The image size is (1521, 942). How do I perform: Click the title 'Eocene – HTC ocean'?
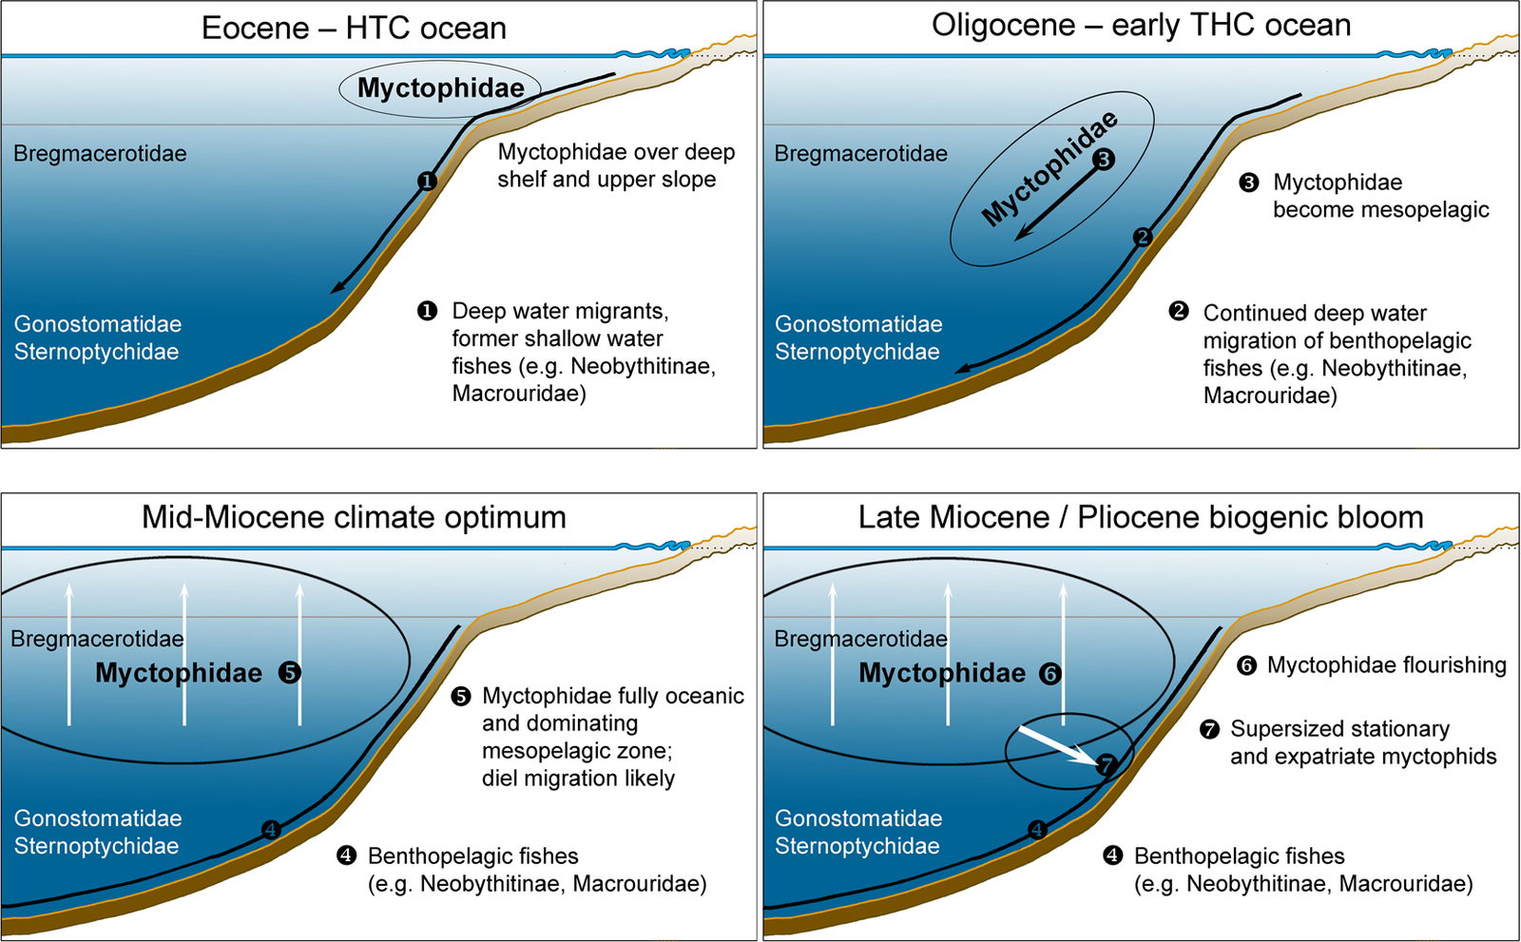tap(354, 28)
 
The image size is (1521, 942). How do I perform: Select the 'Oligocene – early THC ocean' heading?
tap(1141, 26)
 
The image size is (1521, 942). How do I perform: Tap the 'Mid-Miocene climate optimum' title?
tap(354, 517)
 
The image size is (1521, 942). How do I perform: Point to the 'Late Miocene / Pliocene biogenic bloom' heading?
tap(1141, 517)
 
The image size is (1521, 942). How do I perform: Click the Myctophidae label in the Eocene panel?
tap(440, 88)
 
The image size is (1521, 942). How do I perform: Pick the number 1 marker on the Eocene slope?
tap(427, 181)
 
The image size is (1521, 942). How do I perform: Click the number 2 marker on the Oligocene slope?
tap(1143, 237)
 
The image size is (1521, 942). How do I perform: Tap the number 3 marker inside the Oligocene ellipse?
tap(1103, 159)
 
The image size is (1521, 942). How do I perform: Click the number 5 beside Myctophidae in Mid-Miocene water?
tap(290, 673)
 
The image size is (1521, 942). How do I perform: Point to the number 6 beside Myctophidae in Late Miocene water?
tap(1049, 674)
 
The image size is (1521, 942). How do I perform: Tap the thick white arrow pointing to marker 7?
tap(1055, 744)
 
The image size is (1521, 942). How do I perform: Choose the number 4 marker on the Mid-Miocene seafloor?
tap(271, 830)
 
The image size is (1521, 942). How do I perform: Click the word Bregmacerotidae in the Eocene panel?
tap(100, 154)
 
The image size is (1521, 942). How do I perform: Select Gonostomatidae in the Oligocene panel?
tap(858, 324)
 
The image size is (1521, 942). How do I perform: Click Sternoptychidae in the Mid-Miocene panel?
tap(96, 846)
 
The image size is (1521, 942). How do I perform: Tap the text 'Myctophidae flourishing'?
tap(1386, 665)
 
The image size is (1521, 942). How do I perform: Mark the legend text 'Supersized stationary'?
tap(1339, 729)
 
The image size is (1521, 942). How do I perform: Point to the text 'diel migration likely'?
tap(578, 779)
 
